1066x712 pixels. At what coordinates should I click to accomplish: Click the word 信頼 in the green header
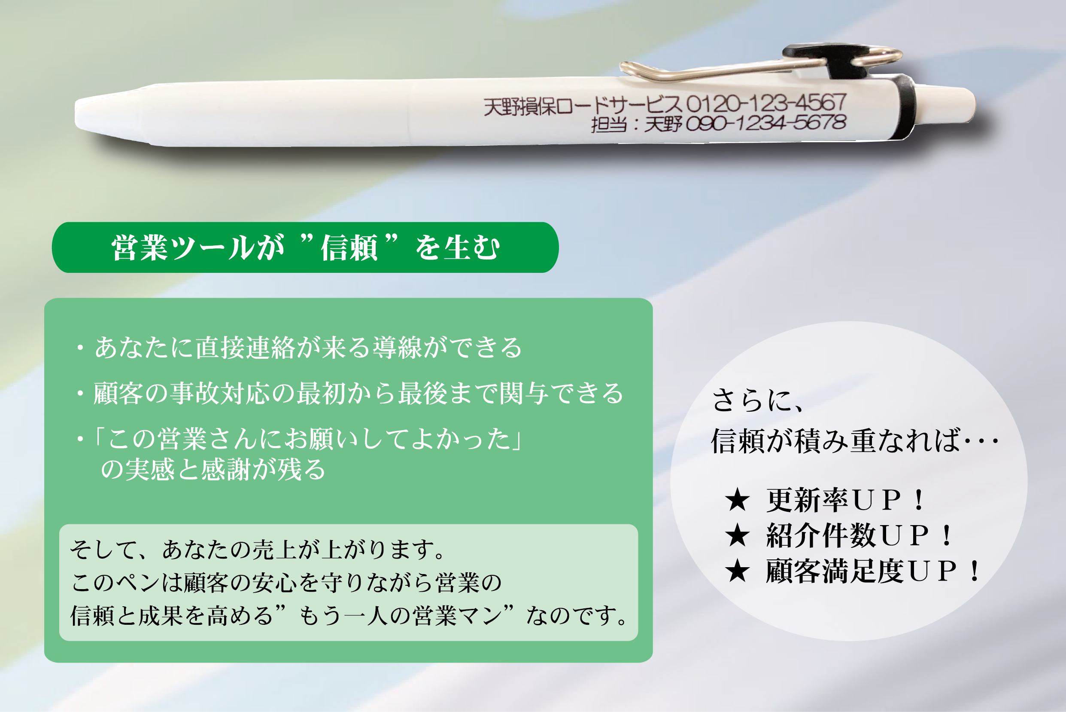(x=349, y=248)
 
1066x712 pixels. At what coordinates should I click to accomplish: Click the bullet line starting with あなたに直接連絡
(x=299, y=347)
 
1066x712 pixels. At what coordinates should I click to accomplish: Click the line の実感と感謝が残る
(x=213, y=469)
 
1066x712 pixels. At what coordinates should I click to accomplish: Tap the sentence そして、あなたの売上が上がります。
(x=258, y=550)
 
